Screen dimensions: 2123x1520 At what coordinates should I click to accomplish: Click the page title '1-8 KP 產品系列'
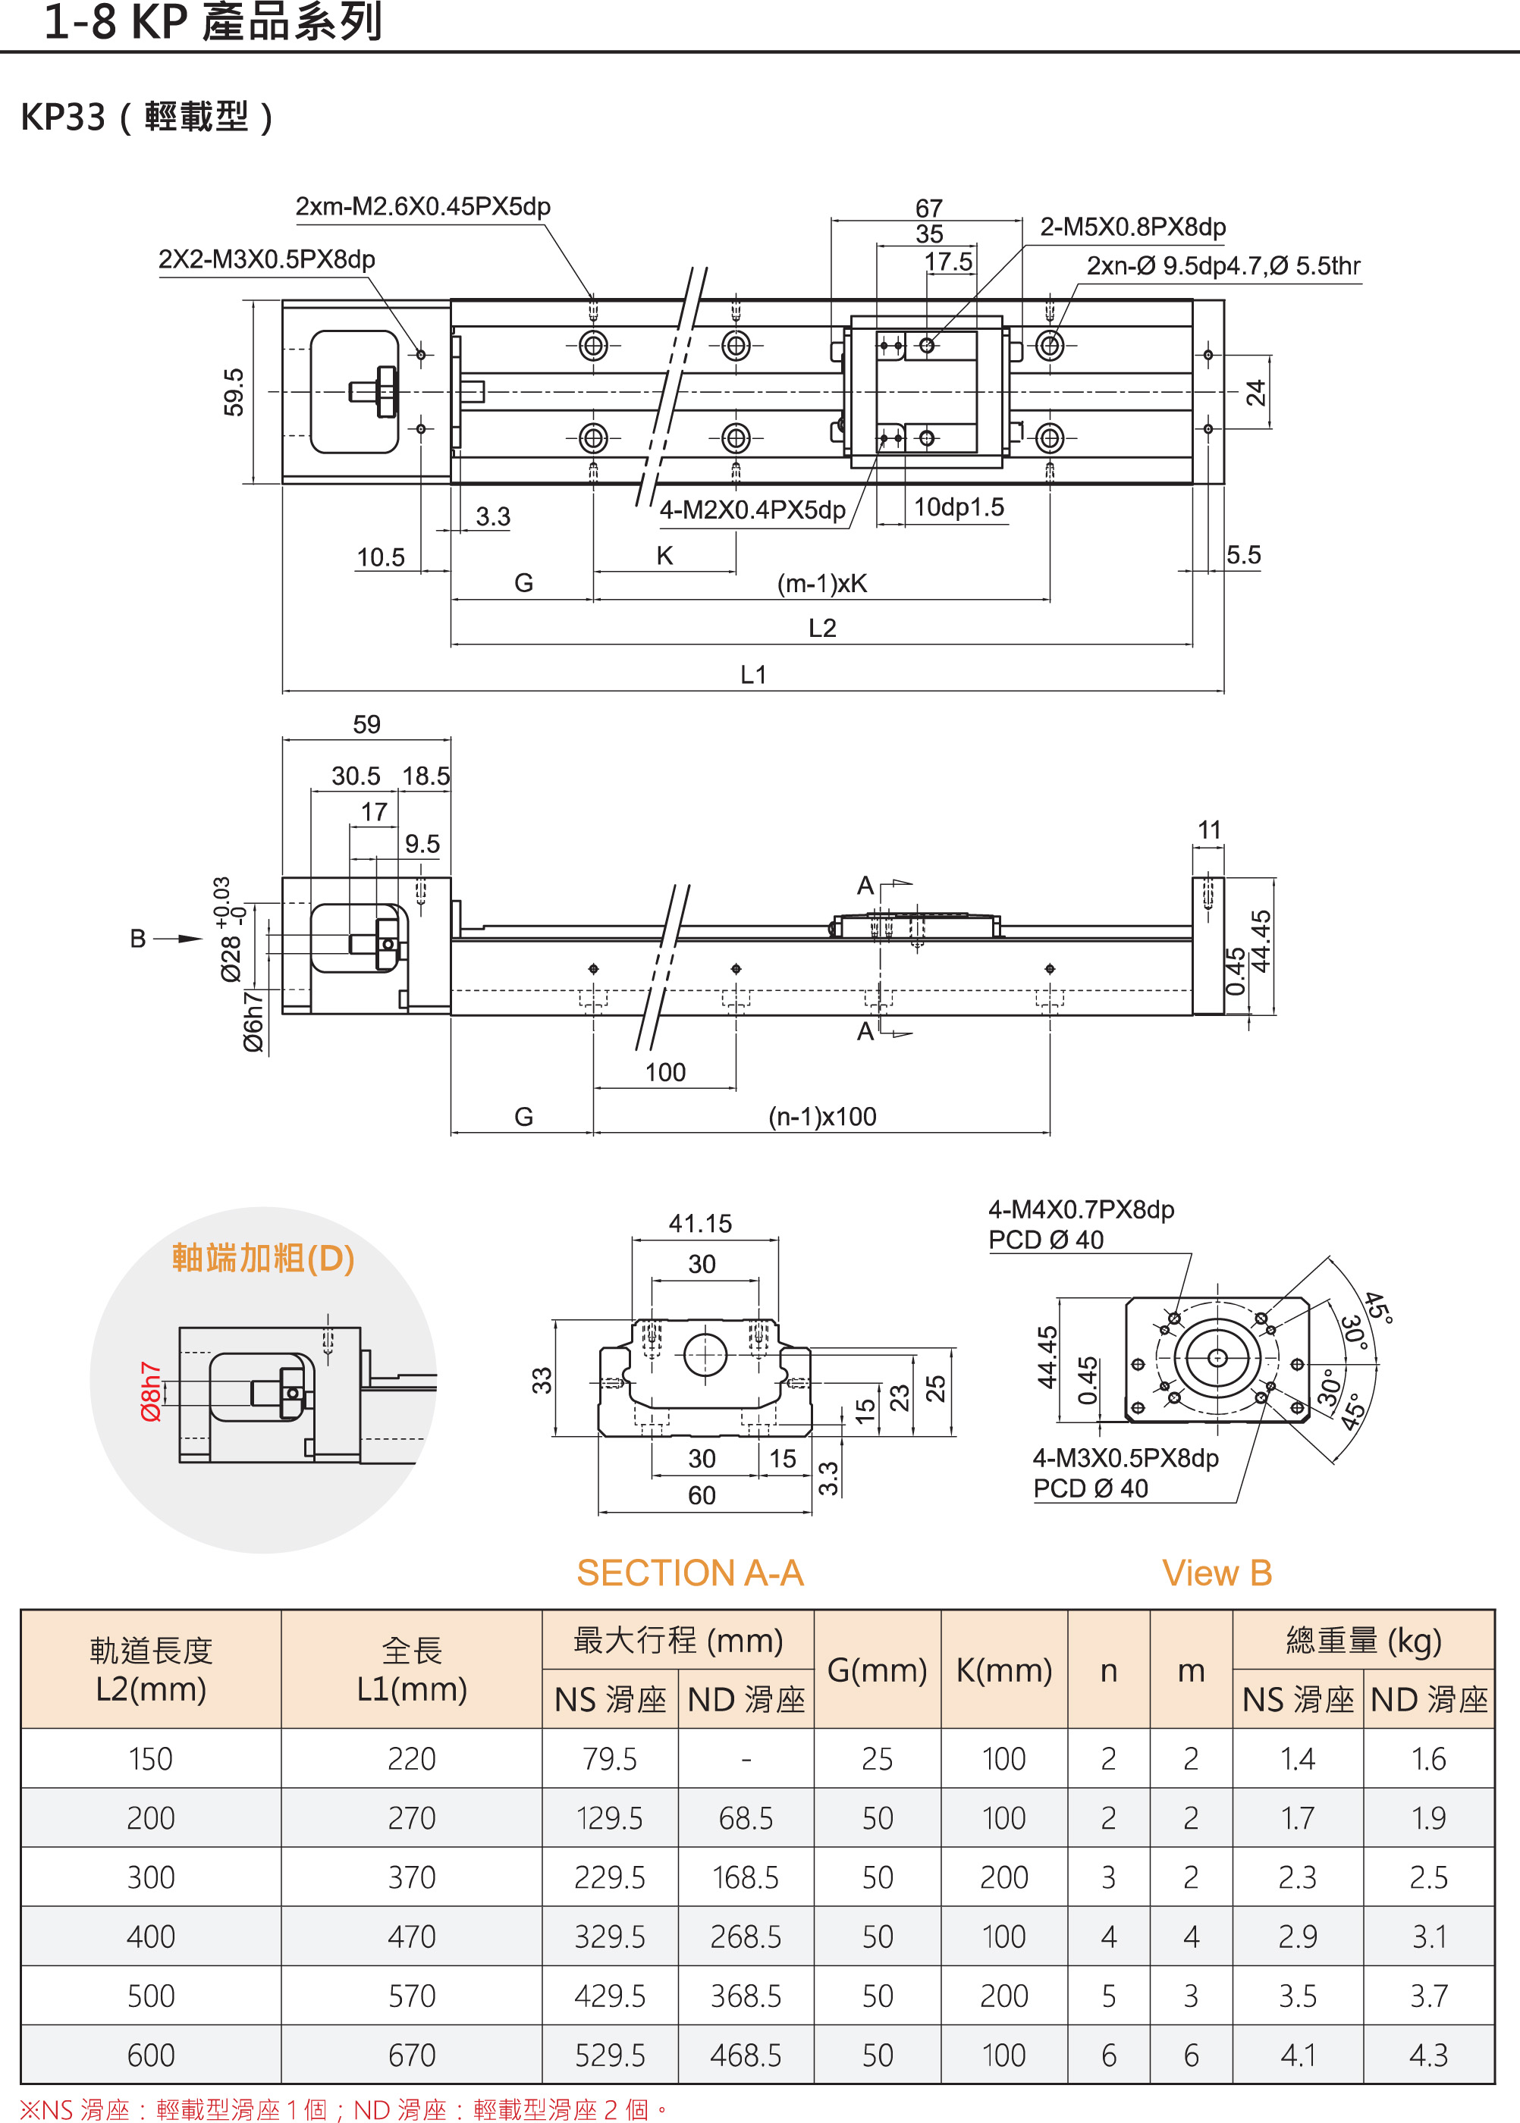tap(213, 23)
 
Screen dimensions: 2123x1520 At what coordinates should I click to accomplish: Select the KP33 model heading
tap(147, 117)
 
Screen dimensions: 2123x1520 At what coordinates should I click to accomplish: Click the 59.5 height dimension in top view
tap(233, 391)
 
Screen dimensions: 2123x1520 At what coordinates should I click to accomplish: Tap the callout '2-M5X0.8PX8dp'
tap(1132, 227)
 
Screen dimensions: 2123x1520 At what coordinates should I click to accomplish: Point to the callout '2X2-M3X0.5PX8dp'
tap(267, 259)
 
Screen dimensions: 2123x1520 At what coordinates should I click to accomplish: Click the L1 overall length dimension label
tap(752, 675)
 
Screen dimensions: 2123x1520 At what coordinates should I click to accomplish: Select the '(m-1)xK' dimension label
tap(821, 584)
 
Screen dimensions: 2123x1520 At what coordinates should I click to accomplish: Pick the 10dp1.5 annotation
tap(959, 507)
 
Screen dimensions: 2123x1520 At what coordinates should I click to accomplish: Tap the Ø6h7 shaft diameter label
tap(253, 1022)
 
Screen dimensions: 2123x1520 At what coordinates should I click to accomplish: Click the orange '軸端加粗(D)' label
tap(263, 1258)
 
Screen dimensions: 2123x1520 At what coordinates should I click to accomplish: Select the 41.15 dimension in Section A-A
tap(700, 1223)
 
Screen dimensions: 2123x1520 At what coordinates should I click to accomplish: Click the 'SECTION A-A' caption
tap(689, 1573)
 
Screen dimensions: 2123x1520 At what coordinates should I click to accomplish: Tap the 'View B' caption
tap(1217, 1573)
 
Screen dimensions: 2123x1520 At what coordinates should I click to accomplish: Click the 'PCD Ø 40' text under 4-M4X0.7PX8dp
tap(1045, 1240)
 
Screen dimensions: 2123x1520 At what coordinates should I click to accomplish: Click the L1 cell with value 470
tap(412, 1936)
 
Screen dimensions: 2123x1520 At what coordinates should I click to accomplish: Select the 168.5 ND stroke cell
tap(745, 1877)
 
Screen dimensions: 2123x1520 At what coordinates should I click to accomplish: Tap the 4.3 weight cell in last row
tap(1428, 2055)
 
